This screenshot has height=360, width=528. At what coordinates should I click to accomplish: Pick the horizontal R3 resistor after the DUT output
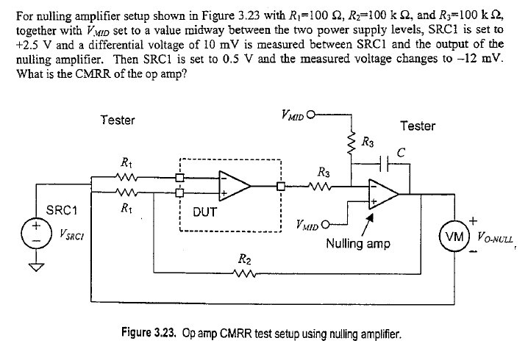(x=323, y=186)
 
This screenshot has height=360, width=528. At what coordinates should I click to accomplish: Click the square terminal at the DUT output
(x=281, y=186)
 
